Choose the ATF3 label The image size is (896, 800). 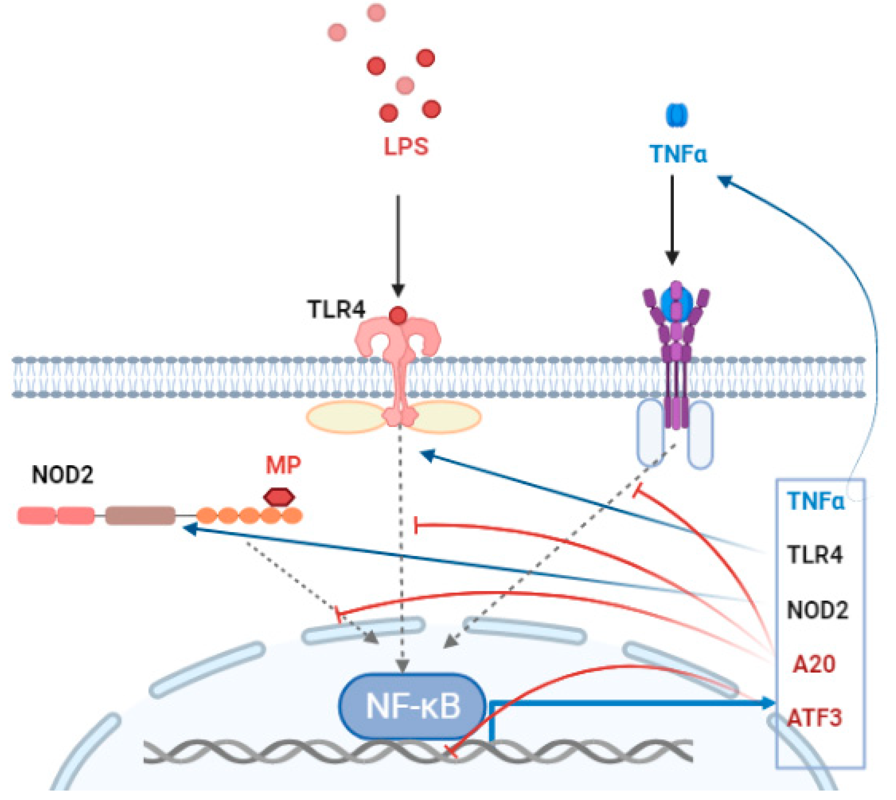coord(814,718)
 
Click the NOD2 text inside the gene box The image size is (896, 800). coord(817,610)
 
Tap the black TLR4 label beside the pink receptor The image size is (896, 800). coord(336,310)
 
